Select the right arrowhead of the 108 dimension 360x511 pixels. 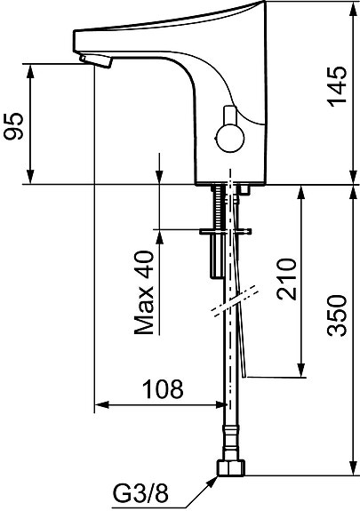(x=218, y=405)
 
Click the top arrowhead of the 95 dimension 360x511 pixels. (x=32, y=68)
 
